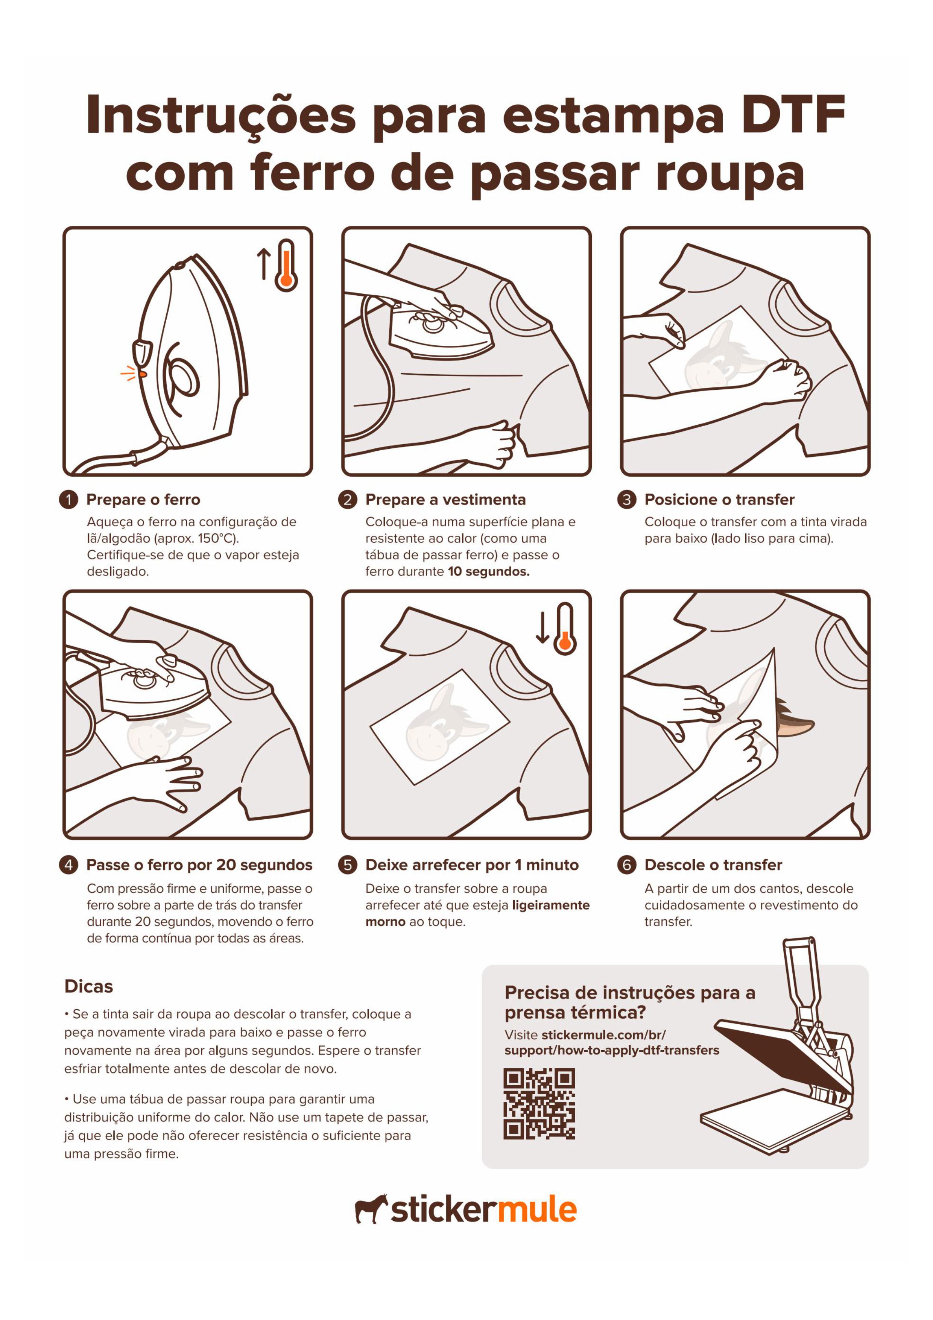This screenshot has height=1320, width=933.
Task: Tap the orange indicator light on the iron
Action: tap(143, 374)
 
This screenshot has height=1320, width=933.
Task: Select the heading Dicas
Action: tap(88, 987)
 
